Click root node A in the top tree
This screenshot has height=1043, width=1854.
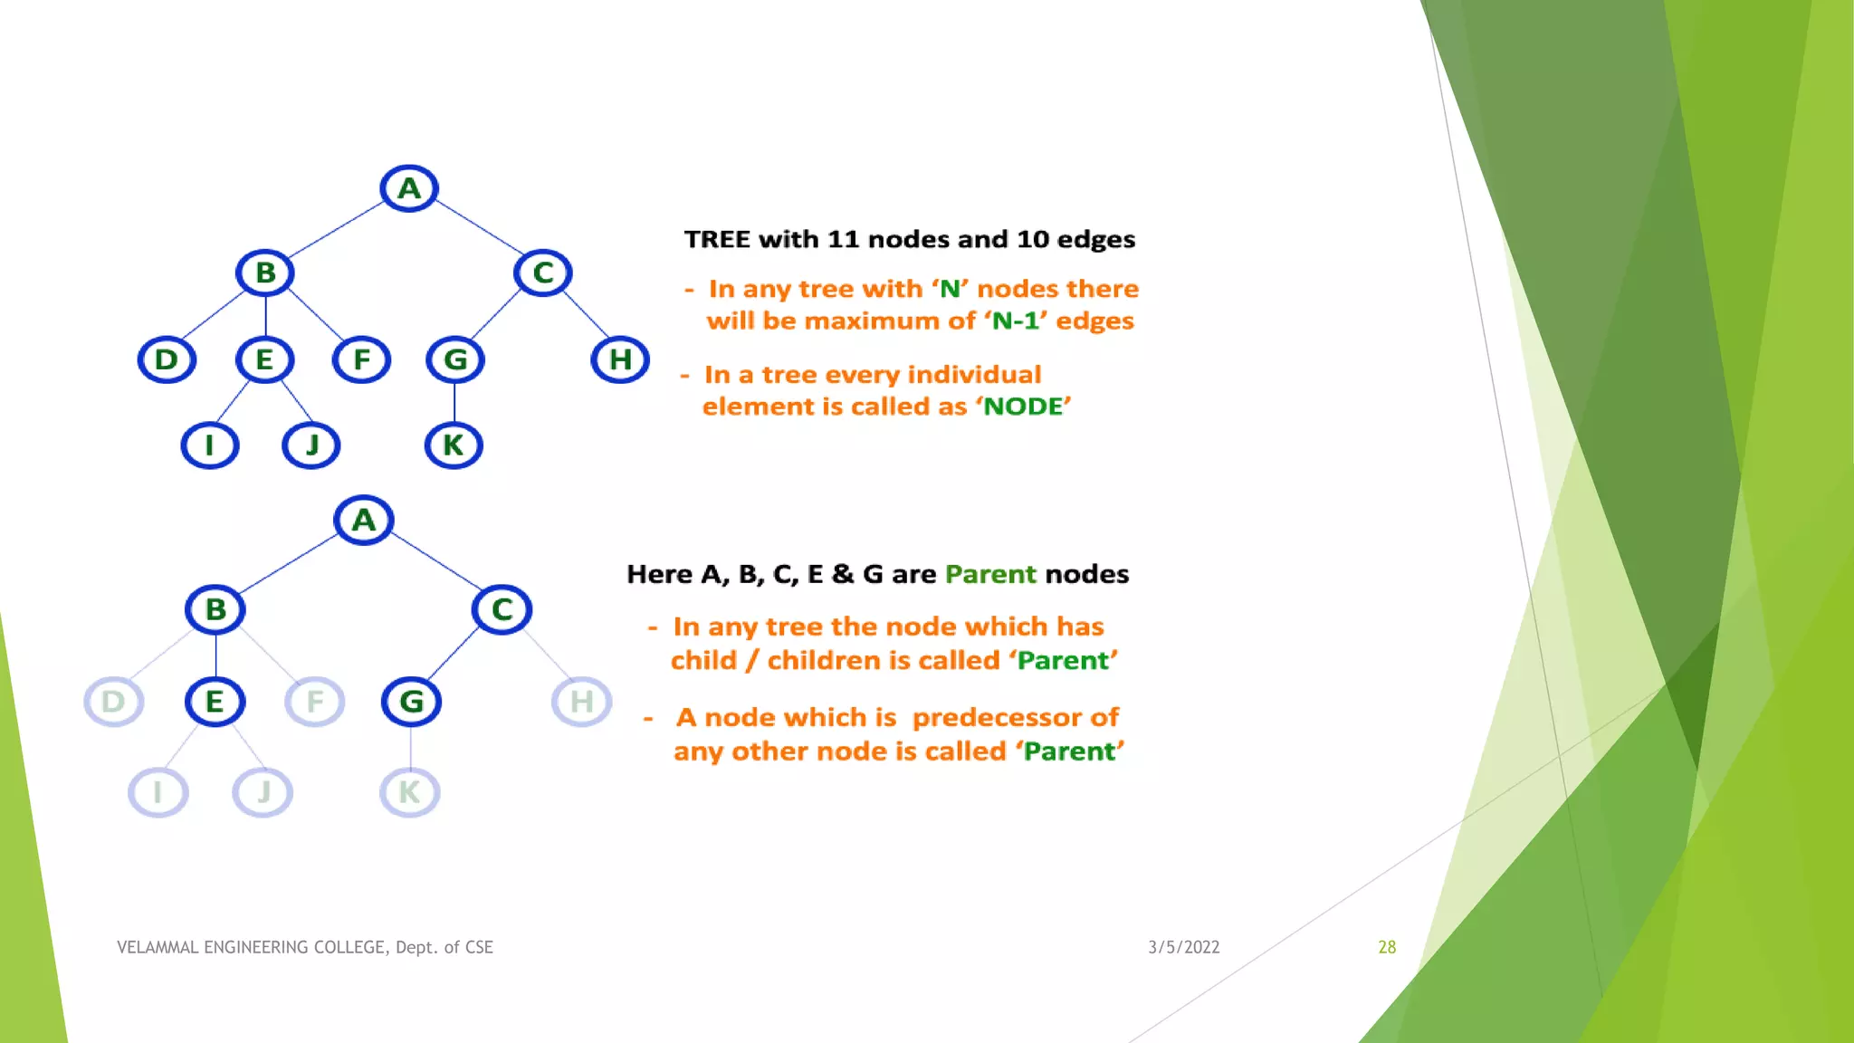[x=409, y=188]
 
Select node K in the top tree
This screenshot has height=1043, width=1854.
[x=454, y=445]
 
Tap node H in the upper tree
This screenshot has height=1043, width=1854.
[x=620, y=359]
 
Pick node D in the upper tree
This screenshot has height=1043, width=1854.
[x=167, y=359]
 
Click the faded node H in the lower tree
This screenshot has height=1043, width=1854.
[x=581, y=702]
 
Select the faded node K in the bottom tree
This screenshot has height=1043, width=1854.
[x=409, y=792]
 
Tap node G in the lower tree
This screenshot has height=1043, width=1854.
[x=411, y=702]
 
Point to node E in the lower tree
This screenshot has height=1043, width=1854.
[x=215, y=702]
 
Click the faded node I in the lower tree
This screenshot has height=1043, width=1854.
[x=158, y=792]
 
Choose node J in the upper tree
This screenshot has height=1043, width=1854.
[x=311, y=445]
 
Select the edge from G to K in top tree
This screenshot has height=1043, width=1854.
[x=454, y=403]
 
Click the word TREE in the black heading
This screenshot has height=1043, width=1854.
[x=717, y=240]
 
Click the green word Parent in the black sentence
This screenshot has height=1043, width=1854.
[x=990, y=575]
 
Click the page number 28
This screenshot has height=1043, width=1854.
[x=1387, y=947]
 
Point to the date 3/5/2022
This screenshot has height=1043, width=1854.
[x=1183, y=947]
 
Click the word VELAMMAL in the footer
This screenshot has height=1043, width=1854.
[x=157, y=947]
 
